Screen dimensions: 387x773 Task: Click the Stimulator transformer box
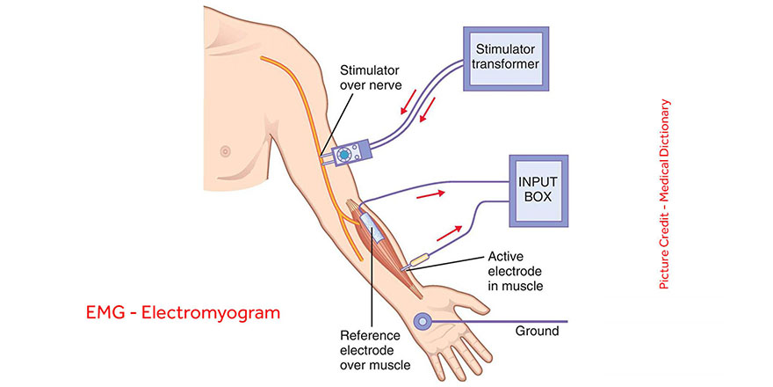click(505, 55)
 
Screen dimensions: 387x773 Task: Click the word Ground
click(536, 332)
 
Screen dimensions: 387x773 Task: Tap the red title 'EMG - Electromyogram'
click(184, 311)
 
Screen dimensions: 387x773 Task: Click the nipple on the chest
click(226, 150)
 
